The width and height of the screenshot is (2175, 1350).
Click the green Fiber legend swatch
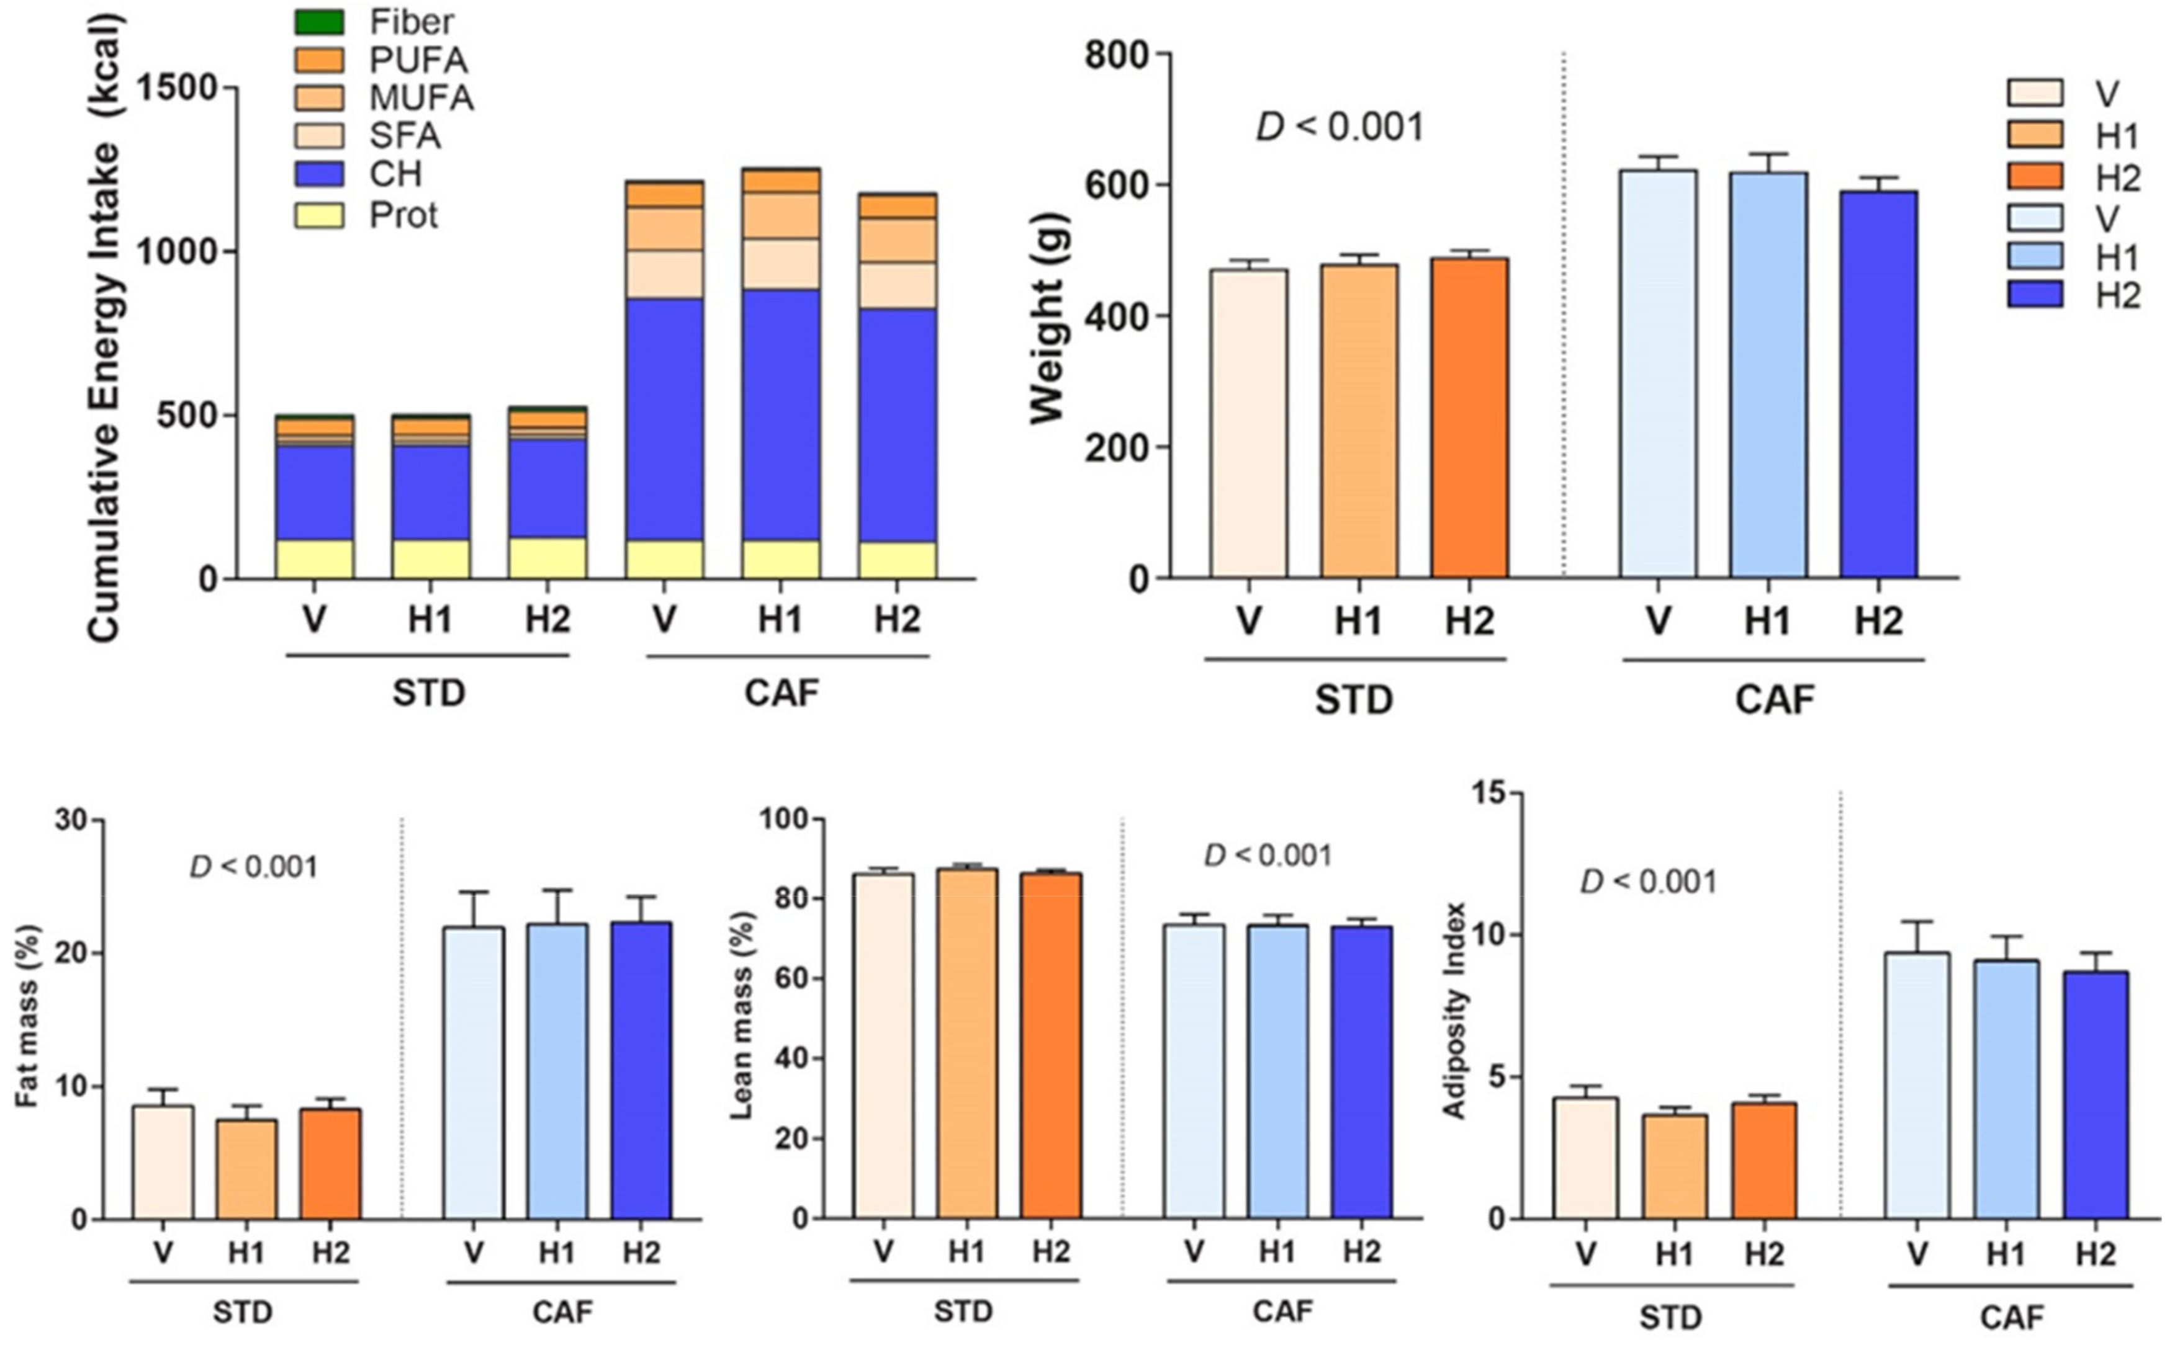coord(319,22)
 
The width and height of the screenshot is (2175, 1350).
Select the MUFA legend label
coord(421,97)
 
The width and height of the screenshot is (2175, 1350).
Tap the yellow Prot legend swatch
coord(319,215)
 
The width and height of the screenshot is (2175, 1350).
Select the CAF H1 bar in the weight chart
coord(1768,375)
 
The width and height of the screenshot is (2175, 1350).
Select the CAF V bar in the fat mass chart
coord(474,1072)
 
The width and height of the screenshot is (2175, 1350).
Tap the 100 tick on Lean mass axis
coord(783,820)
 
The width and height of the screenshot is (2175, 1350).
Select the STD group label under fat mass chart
coord(243,1313)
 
